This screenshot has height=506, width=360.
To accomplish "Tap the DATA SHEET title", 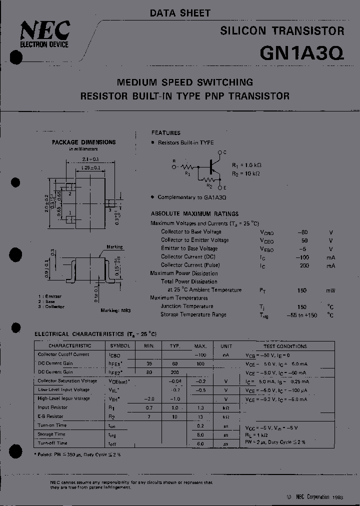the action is click(180, 13).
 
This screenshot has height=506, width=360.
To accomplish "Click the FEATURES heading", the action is click(166, 133).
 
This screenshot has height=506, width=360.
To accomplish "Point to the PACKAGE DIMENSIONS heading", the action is click(84, 142).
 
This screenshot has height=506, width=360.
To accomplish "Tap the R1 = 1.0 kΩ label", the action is click(247, 164).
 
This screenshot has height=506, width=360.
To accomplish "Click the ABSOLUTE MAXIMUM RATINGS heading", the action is click(194, 213).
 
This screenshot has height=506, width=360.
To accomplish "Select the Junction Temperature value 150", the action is click(301, 306).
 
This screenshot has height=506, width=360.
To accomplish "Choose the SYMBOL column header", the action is click(120, 345).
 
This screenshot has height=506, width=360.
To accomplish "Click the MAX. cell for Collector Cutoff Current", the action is click(200, 354).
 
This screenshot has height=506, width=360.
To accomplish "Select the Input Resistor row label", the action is click(53, 407).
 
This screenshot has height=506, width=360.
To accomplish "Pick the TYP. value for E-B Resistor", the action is click(174, 416).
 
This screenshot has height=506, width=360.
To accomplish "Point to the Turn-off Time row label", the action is click(52, 443).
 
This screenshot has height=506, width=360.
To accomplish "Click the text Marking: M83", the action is click(115, 310).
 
